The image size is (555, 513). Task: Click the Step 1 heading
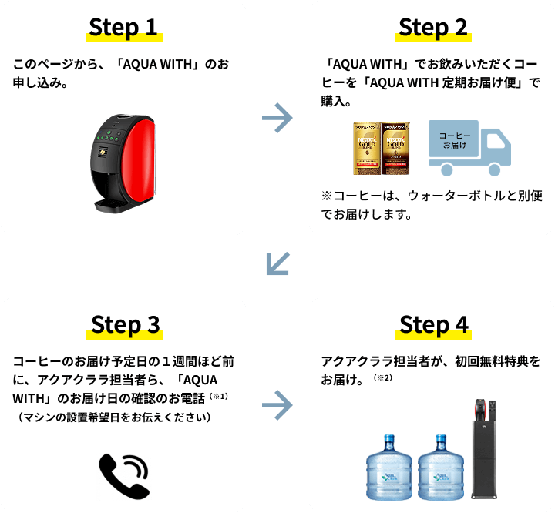(x=123, y=28)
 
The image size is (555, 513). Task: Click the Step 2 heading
(x=432, y=28)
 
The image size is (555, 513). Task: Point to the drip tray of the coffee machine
(x=113, y=204)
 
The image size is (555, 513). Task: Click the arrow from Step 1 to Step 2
(x=277, y=118)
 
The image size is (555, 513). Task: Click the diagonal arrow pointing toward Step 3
(x=277, y=263)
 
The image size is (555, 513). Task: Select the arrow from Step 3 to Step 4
(x=277, y=404)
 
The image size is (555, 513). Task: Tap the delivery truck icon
(x=469, y=147)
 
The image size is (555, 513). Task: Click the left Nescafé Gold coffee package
(x=368, y=144)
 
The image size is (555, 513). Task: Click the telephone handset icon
(x=123, y=475)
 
